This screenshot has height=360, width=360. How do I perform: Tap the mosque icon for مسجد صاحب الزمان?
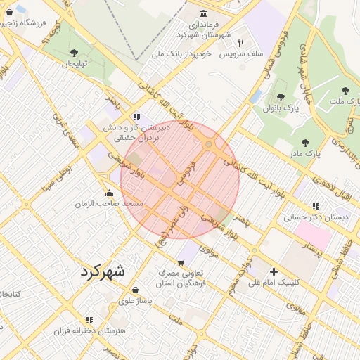click(108, 193)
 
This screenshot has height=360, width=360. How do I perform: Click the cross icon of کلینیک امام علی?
click(274, 271)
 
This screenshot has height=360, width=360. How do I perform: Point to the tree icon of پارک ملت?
click(345, 91)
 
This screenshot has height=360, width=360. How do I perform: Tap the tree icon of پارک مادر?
click(304, 143)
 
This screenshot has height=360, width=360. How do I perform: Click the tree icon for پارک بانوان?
click(281, 98)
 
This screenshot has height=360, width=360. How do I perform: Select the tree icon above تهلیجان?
click(75, 53)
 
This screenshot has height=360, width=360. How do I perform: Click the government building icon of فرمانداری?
click(204, 14)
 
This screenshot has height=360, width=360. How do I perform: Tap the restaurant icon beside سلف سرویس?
click(241, 42)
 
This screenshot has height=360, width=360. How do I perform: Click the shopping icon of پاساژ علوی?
click(135, 290)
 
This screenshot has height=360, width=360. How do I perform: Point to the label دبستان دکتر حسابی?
click(316, 217)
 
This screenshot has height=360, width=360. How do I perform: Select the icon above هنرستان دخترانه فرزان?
click(89, 320)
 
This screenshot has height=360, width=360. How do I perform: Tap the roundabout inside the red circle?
click(209, 145)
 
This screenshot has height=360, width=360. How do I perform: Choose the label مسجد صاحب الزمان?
click(110, 203)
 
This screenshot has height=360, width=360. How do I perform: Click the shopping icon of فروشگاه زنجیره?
click(8, 12)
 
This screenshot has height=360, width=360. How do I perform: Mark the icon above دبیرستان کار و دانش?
click(136, 117)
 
